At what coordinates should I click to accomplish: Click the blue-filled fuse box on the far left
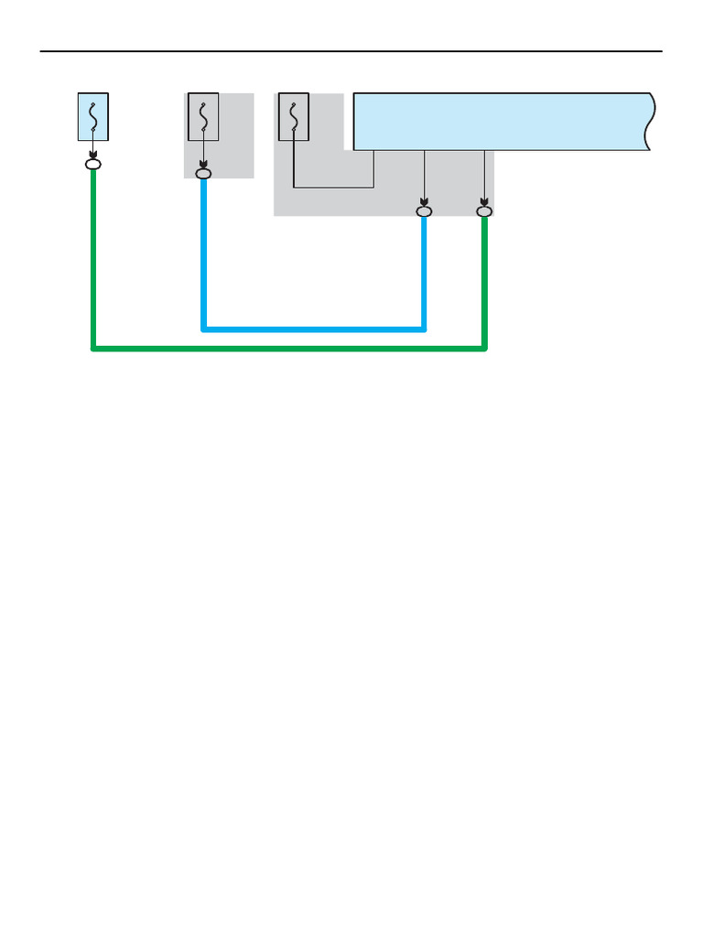[93, 116]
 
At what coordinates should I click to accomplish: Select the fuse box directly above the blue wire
[203, 116]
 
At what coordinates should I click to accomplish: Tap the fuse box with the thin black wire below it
[293, 116]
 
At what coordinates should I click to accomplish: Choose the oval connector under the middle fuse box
[203, 172]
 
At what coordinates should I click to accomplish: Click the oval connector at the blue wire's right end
[424, 212]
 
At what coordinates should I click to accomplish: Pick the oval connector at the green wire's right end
[484, 212]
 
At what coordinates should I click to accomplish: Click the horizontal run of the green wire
[288, 348]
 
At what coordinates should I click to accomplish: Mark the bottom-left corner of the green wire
[94, 348]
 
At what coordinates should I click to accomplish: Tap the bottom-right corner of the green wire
[484, 348]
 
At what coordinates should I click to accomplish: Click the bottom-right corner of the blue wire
[424, 328]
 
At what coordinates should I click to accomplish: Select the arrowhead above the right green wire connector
[484, 201]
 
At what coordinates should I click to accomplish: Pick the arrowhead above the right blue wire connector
[424, 201]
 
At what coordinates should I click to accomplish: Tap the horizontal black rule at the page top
[351, 51]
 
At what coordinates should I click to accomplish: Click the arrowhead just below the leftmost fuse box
[93, 154]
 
